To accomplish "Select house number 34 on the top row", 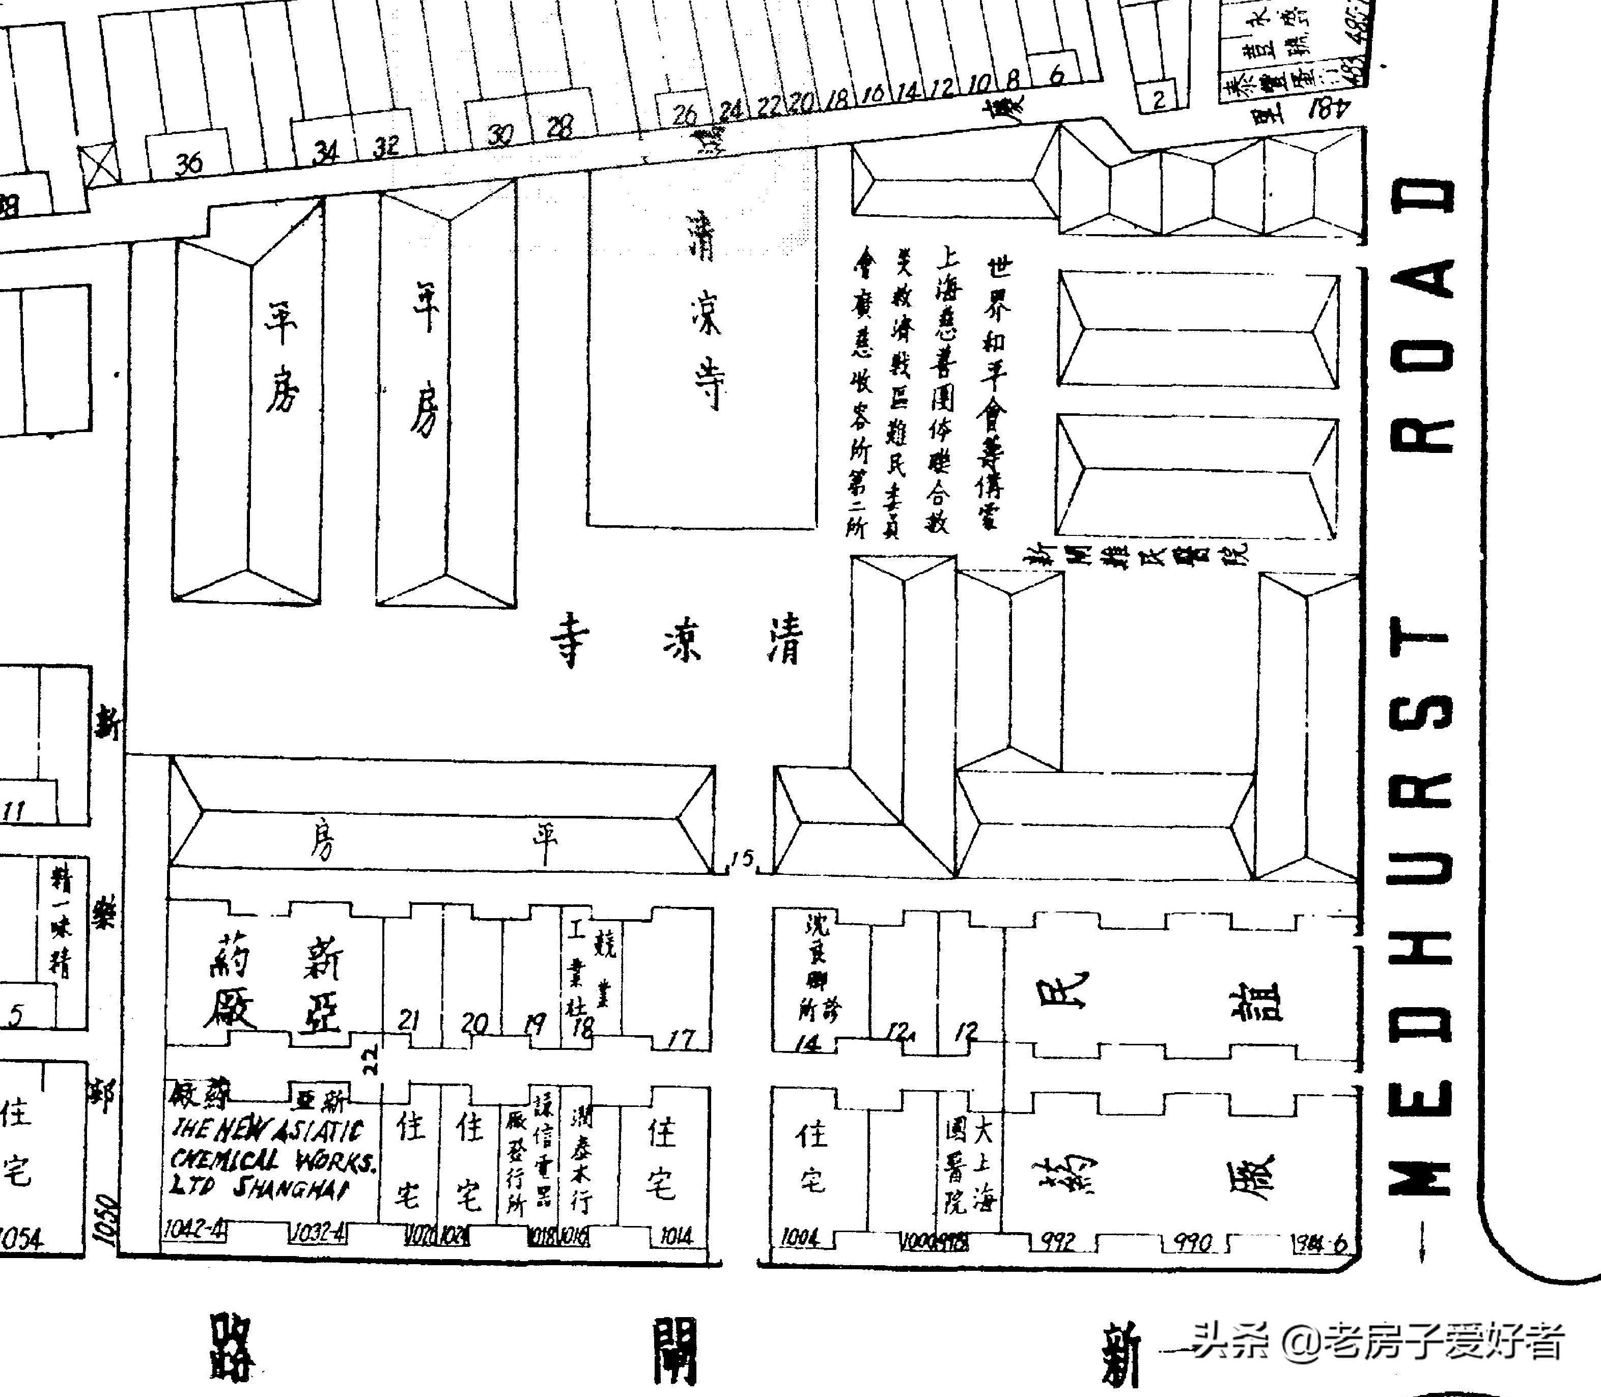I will [325, 151].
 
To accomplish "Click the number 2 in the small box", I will [1159, 99].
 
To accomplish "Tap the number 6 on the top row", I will [1057, 75].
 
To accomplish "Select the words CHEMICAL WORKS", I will [273, 1161].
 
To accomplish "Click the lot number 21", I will [409, 1020].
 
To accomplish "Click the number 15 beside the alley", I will [742, 859].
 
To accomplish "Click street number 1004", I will [799, 1237].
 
